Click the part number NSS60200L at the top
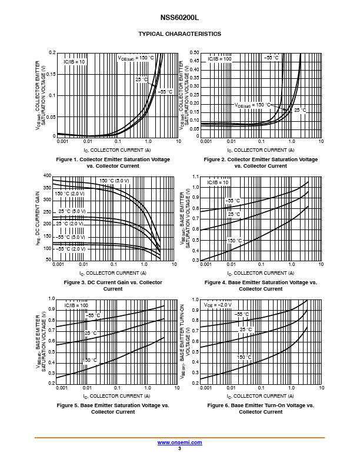[x=179, y=18]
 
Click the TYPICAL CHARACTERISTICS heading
[x=179, y=34]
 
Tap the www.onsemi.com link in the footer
[x=179, y=442]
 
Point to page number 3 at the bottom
[x=179, y=448]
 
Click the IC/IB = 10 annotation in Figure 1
[x=74, y=61]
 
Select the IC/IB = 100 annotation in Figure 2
[x=219, y=59]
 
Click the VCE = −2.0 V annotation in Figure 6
[x=218, y=305]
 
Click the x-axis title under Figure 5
[x=114, y=396]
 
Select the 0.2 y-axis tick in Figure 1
[x=51, y=53]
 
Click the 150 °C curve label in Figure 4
[x=234, y=241]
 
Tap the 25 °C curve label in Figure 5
[x=91, y=333]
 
